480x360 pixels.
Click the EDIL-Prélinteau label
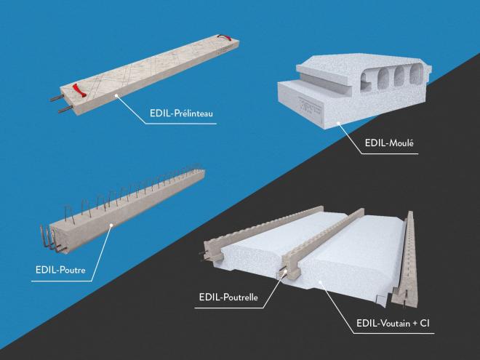pos(181,113)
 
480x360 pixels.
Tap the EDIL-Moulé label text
pos(389,143)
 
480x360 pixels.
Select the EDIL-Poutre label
pos(60,270)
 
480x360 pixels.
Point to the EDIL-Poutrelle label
pos(228,297)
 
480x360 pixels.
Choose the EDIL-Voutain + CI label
pos(393,323)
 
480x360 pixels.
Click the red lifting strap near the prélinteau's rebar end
pos(79,91)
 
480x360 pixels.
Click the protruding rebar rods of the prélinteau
pos(61,103)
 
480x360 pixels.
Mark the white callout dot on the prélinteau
pos(116,95)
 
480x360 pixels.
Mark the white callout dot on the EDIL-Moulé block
pos(339,123)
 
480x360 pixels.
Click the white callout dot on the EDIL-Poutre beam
pos(111,225)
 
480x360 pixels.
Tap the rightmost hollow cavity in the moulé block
pos(416,73)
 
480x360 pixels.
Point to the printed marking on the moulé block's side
pos(311,109)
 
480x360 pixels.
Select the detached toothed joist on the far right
pos(406,260)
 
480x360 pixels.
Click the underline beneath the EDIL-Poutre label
pos(61,281)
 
